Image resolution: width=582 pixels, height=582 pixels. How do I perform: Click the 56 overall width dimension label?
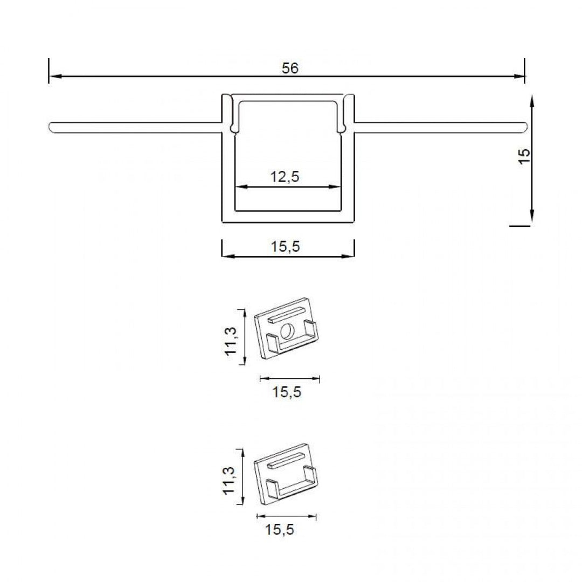pos(290,68)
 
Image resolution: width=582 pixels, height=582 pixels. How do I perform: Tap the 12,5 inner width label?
pos(285,176)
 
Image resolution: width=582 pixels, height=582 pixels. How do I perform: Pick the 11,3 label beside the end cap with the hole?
pos(231,341)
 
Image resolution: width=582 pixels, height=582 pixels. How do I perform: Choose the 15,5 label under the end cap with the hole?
pos(286,392)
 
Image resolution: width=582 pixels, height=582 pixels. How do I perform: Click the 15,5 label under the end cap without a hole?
pos(280,530)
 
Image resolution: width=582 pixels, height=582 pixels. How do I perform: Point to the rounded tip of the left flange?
pos(51,128)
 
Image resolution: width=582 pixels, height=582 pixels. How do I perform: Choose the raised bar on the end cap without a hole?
pos(286,459)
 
